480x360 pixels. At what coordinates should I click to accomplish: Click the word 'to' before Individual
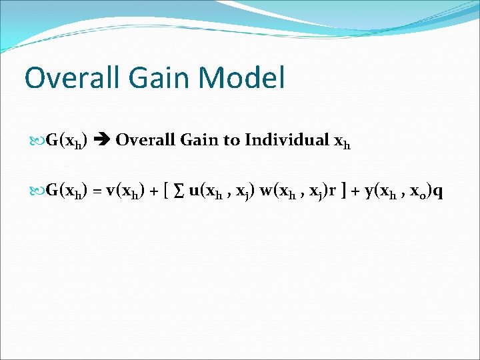click(232, 140)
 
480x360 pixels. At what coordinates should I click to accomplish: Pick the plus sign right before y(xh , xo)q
click(355, 192)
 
